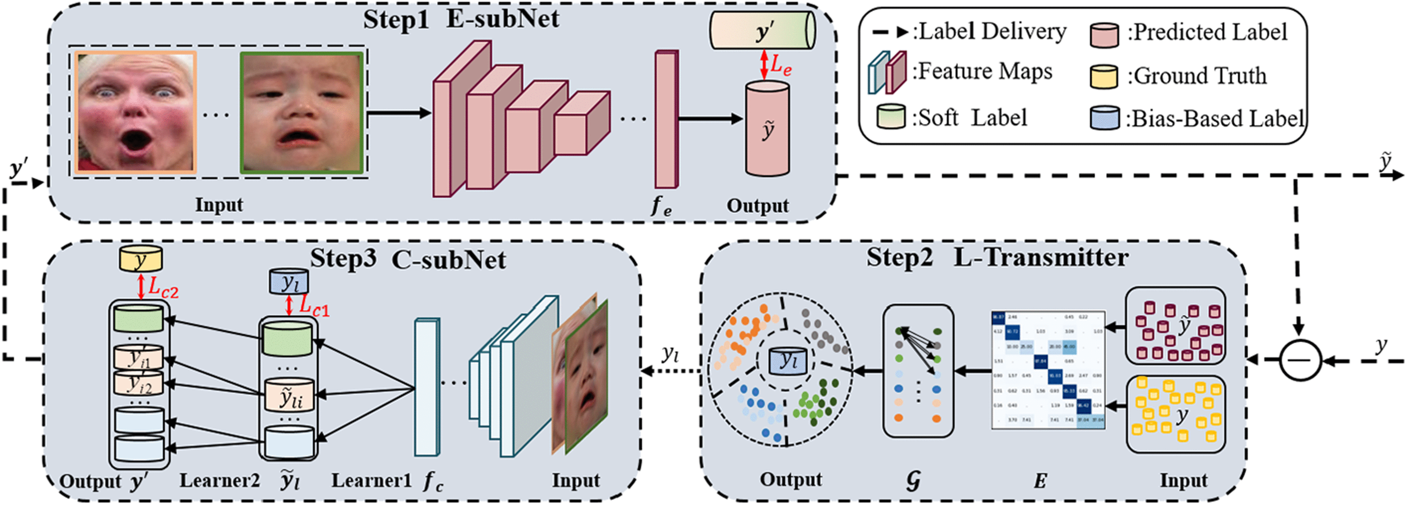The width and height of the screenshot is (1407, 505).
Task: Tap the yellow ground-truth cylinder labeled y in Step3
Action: tap(141, 259)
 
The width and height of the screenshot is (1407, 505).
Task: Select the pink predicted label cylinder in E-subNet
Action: tap(767, 129)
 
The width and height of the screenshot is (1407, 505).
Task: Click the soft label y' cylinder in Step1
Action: tap(762, 31)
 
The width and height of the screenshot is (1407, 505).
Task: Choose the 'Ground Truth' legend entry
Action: tap(1199, 76)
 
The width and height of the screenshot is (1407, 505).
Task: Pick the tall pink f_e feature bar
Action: tap(666, 119)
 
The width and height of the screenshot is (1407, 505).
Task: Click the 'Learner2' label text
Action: tap(219, 481)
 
